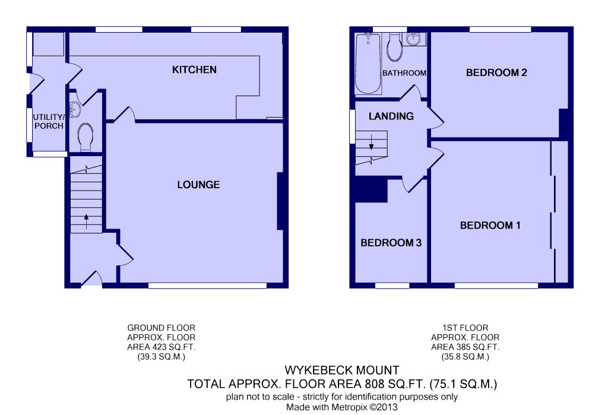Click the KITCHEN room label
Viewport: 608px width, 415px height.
pos(194,70)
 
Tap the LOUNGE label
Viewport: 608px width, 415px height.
pos(198,185)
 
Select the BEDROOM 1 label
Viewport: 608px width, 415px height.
pos(490,226)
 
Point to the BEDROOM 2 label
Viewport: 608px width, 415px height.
pos(496,72)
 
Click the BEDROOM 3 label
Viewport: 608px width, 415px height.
pos(391,243)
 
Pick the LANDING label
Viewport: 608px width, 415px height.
pos(391,116)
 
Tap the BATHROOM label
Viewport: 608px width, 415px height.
pos(404,73)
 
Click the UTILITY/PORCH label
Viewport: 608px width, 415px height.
pos(49,121)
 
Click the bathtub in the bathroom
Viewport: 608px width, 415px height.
pos(368,64)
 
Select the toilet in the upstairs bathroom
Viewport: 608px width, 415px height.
pos(394,47)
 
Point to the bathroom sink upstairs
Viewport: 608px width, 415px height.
pos(414,39)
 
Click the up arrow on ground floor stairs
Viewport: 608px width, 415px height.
pos(86,221)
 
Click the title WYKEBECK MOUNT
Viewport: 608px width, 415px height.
pos(342,370)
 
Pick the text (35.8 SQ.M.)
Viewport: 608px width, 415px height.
pos(465,357)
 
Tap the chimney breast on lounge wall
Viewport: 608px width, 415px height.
pos(282,201)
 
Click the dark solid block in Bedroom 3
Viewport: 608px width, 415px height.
pos(372,191)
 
